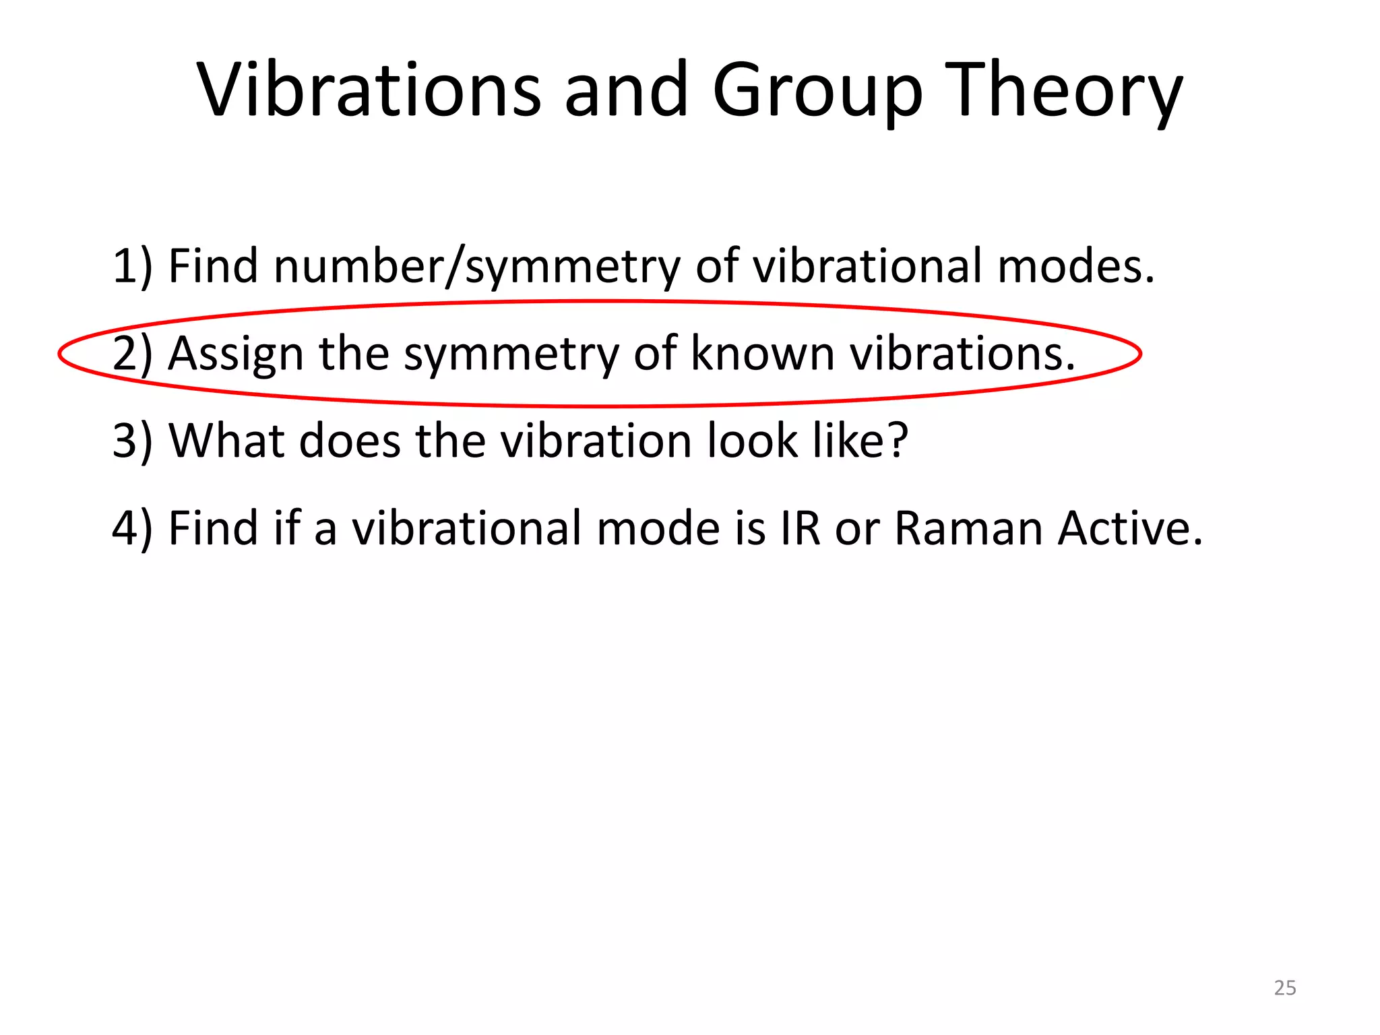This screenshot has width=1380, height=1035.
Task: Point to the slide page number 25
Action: [x=1285, y=988]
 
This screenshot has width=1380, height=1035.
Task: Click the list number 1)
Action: [x=132, y=266]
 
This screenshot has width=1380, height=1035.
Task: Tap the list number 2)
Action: [x=132, y=354]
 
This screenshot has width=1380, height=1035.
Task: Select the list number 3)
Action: [x=132, y=441]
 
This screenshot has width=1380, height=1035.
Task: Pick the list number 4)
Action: [x=132, y=528]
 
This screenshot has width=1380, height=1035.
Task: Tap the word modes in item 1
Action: [x=1075, y=266]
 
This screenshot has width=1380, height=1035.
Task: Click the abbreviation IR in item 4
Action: [x=801, y=528]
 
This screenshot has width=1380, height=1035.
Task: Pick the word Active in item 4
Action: [x=1130, y=528]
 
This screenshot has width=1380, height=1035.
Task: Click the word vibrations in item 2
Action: [x=962, y=353]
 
